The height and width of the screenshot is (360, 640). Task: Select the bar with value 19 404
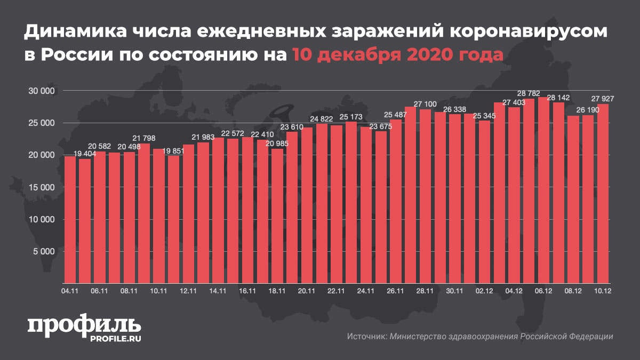(x=85, y=221)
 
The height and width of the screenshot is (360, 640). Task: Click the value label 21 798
(x=144, y=138)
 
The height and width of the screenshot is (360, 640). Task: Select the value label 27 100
(x=425, y=103)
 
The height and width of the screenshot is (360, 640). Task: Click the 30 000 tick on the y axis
(x=41, y=91)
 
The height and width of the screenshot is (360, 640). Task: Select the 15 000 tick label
(x=41, y=187)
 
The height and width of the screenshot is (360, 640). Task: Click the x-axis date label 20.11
(x=307, y=291)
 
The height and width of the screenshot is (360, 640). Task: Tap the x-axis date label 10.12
(x=602, y=291)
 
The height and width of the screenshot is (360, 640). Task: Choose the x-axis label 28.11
(x=425, y=291)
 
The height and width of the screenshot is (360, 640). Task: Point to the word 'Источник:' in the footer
(x=367, y=337)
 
